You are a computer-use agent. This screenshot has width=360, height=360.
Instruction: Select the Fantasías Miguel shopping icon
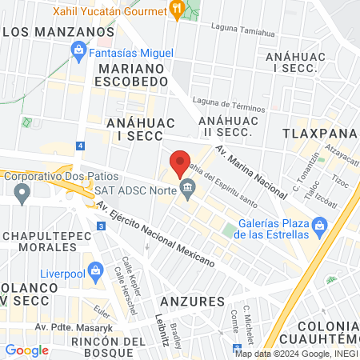[79, 53]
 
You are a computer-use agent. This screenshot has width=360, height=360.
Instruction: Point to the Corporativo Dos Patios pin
[22, 192]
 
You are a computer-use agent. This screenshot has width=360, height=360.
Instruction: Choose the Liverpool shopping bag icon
[97, 269]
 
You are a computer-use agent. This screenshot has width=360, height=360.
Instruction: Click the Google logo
[26, 350]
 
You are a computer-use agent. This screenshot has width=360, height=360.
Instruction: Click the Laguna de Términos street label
[226, 104]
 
